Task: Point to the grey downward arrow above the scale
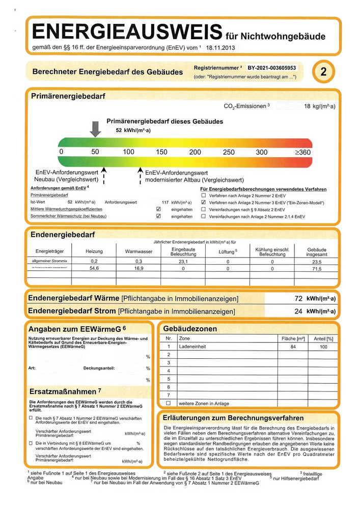(x=95, y=129)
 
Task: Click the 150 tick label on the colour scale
(x=161, y=152)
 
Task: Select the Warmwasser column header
(x=139, y=251)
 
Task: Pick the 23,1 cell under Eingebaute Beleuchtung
(x=183, y=261)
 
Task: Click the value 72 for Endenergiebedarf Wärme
(x=299, y=298)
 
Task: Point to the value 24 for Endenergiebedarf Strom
(x=299, y=311)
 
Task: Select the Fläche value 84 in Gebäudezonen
(x=293, y=346)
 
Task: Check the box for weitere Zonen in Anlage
(x=168, y=403)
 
